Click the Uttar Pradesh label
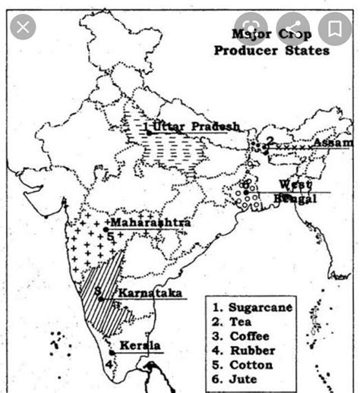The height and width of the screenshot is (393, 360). [x=196, y=126]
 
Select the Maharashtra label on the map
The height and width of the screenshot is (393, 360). [x=150, y=223]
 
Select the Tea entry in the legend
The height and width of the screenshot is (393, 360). [x=238, y=322]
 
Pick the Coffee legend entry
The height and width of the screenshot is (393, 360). [x=245, y=335]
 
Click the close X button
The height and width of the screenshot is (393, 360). [x=24, y=29]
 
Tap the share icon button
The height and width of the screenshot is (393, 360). [x=294, y=30]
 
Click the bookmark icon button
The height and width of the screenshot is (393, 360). [x=335, y=30]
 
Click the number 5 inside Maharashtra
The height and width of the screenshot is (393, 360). [x=111, y=236]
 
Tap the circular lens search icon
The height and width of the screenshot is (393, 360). [x=254, y=30]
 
